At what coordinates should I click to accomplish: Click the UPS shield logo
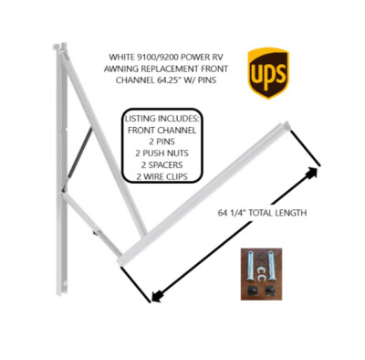pos(268,73)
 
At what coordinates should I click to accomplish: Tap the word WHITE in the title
pos(120,57)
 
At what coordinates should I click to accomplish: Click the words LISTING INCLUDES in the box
pos(162,119)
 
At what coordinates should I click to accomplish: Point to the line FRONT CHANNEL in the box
pos(162,130)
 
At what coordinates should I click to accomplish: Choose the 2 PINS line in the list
pos(162,142)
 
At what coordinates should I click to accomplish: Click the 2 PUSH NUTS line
pos(162,154)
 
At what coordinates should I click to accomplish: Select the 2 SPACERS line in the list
pos(162,164)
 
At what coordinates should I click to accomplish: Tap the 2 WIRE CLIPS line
pos(162,176)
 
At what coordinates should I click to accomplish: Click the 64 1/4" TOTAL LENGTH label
pos(262,213)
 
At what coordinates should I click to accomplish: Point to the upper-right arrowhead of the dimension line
pos(311,173)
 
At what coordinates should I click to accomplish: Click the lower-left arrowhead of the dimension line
pos(157,295)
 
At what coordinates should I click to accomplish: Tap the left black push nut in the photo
pos(251,291)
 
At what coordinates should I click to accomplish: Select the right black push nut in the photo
pos(270,291)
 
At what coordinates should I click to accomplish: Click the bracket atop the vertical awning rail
pos(59,48)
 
